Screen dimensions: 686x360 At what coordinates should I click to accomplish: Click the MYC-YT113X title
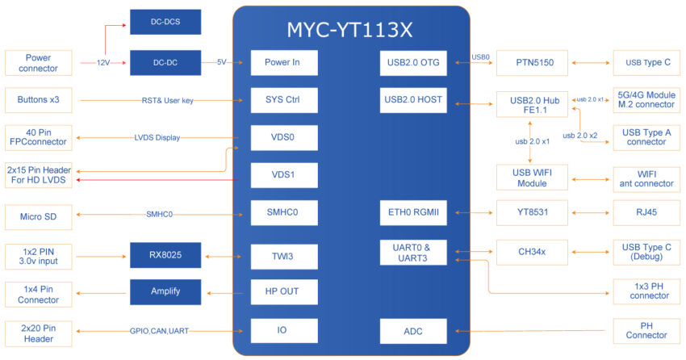349,30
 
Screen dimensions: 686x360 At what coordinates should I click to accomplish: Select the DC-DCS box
165,22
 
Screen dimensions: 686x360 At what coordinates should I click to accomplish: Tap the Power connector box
39,63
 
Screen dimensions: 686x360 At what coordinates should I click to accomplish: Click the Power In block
284,62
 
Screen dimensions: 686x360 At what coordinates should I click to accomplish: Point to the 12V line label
103,62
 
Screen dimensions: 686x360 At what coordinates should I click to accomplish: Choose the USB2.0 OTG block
413,62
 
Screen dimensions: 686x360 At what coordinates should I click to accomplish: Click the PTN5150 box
533,63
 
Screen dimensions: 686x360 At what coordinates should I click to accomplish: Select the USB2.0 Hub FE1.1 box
533,105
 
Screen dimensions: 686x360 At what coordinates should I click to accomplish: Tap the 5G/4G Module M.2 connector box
646,100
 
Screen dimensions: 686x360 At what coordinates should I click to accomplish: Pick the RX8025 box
165,255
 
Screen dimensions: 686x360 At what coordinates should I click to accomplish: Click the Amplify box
165,291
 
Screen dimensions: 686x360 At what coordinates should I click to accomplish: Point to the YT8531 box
533,212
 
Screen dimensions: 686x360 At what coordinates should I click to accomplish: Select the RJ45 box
646,212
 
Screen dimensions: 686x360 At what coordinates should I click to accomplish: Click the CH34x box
533,252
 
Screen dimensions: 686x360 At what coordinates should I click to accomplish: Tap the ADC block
413,331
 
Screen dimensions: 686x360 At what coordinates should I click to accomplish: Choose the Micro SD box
39,217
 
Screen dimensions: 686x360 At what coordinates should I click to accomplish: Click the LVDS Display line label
157,138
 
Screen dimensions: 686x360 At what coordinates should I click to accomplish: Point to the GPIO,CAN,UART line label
159,331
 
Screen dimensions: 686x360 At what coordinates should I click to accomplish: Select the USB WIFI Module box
533,178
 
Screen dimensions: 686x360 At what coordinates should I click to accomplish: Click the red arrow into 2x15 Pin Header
157,180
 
